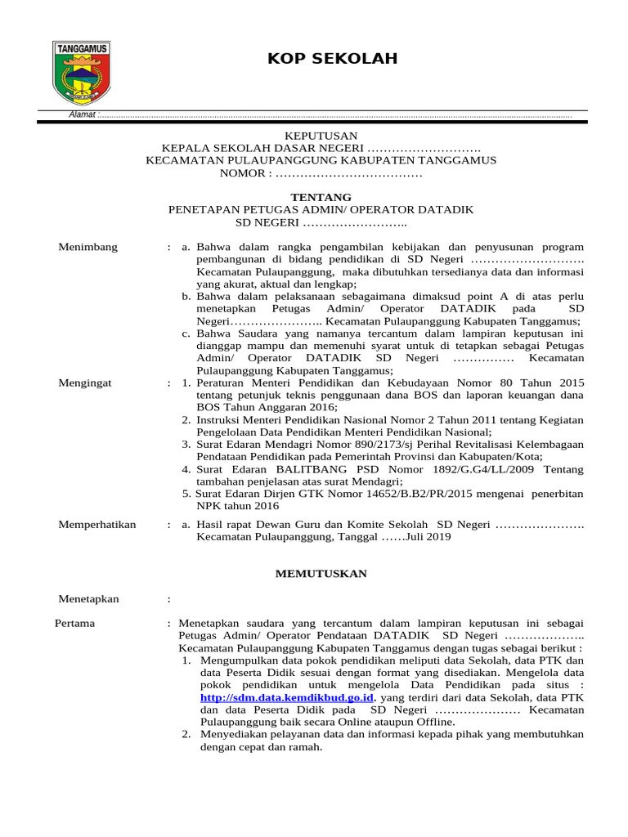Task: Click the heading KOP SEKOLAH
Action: click(321, 59)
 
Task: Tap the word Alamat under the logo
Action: click(82, 116)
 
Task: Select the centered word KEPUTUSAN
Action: click(321, 136)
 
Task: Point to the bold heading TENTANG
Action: click(321, 197)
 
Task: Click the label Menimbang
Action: click(88, 247)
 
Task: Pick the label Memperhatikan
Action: click(97, 524)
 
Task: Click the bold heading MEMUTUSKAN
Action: click(321, 574)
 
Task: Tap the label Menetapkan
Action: click(89, 598)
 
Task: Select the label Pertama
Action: click(74, 623)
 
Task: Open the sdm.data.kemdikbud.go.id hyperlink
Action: click(287, 697)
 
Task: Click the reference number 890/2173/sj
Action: click(361, 444)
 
